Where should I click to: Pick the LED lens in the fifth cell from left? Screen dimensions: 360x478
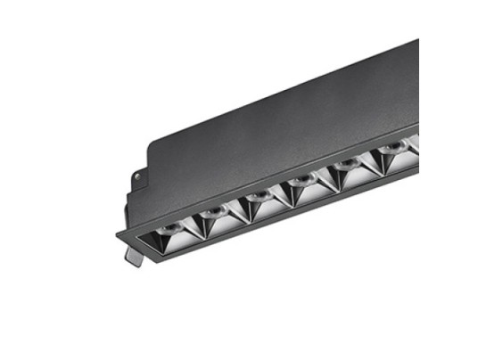tap(348, 168)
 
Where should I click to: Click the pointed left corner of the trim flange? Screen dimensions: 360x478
tap(116, 236)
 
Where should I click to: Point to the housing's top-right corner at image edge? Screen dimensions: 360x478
tap(416, 41)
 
